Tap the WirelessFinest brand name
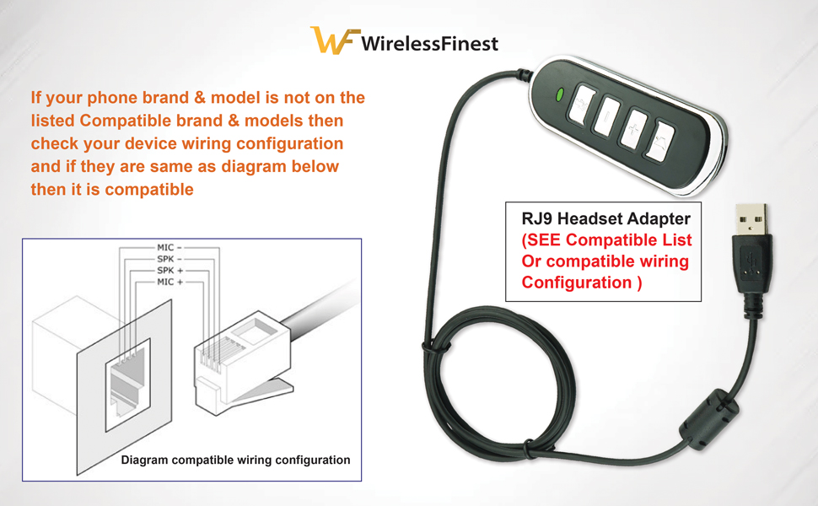[x=429, y=43]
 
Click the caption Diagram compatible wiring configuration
[x=235, y=460]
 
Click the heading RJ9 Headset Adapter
[x=605, y=219]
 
